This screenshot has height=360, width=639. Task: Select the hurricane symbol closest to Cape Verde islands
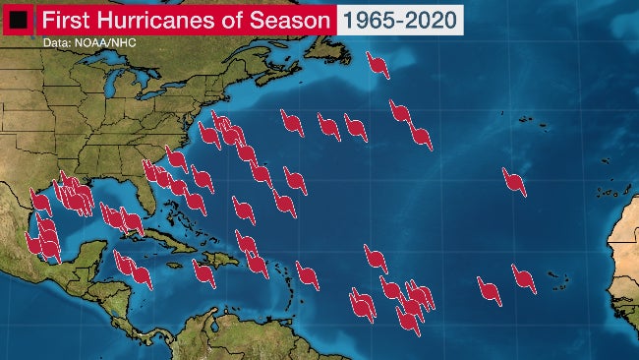pyautogui.click(x=523, y=278)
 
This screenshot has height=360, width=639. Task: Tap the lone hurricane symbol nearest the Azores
pyautogui.click(x=513, y=180)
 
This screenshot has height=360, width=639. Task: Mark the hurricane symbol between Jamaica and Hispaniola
pyautogui.click(x=204, y=273)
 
